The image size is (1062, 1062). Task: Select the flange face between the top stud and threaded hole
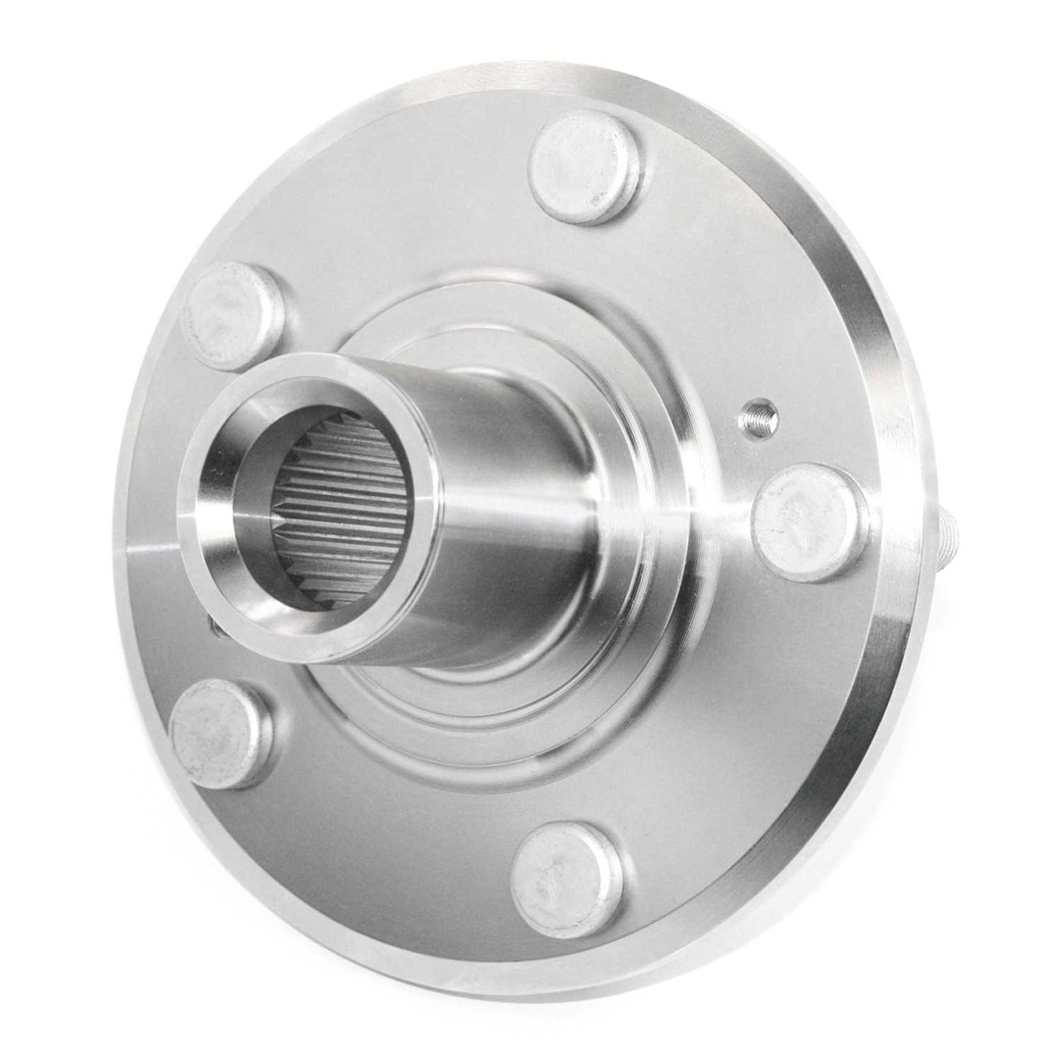[x=698, y=279]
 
